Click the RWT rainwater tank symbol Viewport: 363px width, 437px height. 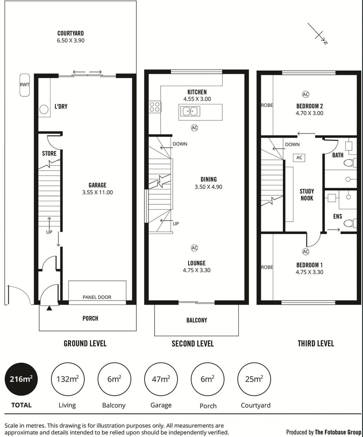point(24,85)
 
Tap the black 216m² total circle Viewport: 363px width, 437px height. point(21,380)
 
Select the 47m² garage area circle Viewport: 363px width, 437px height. point(160,380)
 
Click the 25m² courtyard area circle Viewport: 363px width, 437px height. point(254,380)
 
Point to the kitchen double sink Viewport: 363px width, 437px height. point(189,111)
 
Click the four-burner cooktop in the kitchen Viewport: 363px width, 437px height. point(155,107)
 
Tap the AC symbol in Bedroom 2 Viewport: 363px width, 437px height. point(306,94)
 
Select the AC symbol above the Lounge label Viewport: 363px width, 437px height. point(194,248)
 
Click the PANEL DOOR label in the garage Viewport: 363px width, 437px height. point(97,297)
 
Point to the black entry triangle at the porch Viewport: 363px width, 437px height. point(49,309)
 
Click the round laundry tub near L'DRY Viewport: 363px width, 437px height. point(43,109)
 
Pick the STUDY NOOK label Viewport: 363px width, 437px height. point(306,195)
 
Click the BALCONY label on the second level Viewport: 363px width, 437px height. point(197,320)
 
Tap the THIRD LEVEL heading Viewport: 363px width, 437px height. point(316,344)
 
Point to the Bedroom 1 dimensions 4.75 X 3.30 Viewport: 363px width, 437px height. point(309,272)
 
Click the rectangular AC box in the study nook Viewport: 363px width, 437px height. point(299,157)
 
